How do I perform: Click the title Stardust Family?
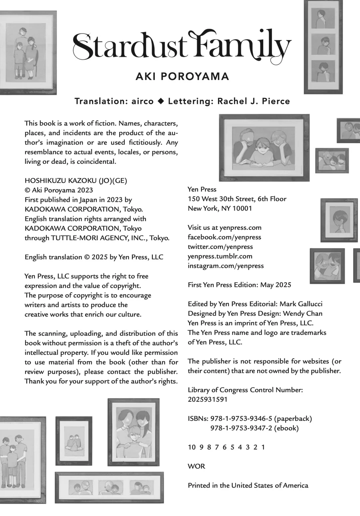(182, 47)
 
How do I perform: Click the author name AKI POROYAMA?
(182, 77)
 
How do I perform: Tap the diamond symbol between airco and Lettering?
(161, 101)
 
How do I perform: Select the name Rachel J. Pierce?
(253, 101)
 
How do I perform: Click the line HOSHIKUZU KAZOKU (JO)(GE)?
(76, 180)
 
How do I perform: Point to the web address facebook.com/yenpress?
(224, 237)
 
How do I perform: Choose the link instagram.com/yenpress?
(226, 266)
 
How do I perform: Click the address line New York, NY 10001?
(220, 208)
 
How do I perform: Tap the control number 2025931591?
(208, 399)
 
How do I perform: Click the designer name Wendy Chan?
(304, 313)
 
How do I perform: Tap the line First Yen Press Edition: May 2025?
(239, 285)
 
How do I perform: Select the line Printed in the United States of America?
(248, 485)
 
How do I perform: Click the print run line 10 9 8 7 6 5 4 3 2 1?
(226, 447)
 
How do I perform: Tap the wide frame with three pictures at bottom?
(109, 487)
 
